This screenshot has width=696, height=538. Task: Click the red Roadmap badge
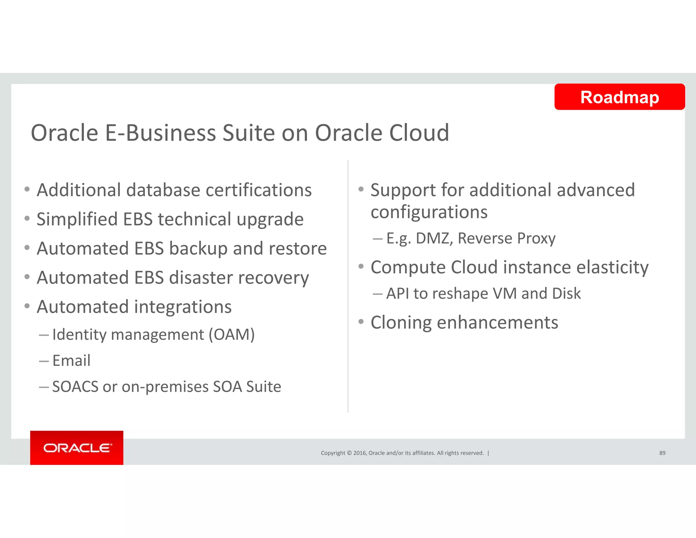tap(619, 97)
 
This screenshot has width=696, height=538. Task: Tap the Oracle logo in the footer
tap(77, 448)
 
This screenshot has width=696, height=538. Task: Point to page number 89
tap(662, 453)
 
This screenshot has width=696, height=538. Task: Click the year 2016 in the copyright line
tap(360, 453)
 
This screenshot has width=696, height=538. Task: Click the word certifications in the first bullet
tap(259, 190)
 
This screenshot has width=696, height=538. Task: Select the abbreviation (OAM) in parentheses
tap(231, 335)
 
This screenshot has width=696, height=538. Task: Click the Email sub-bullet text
tap(71, 360)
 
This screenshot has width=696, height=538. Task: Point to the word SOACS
tap(75, 387)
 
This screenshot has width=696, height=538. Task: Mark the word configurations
tap(429, 212)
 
